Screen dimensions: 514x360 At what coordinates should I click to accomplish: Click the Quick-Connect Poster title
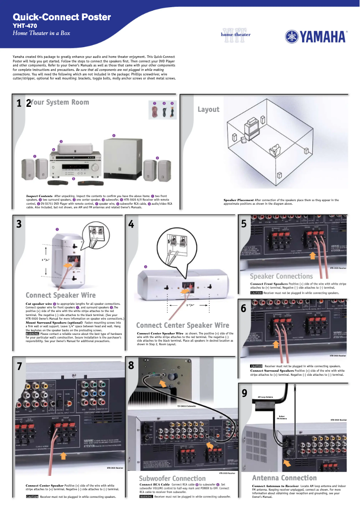(61, 17)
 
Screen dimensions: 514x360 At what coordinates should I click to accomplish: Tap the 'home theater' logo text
(236, 35)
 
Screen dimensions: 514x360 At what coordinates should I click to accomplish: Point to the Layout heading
(208, 109)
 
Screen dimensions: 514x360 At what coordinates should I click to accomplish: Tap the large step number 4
(131, 224)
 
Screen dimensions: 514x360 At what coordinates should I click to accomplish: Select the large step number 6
(244, 308)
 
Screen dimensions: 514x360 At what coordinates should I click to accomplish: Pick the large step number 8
(131, 366)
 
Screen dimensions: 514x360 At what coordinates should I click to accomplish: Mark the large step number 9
(244, 393)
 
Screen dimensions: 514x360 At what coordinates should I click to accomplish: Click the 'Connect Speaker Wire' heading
(61, 295)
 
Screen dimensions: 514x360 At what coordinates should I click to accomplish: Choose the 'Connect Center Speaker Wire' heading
(182, 325)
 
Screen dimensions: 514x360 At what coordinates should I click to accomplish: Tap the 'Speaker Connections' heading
(281, 276)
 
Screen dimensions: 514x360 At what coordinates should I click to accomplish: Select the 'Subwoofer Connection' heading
(172, 479)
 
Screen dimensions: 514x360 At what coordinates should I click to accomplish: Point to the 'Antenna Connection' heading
(284, 478)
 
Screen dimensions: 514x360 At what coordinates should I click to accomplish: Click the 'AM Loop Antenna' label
(265, 397)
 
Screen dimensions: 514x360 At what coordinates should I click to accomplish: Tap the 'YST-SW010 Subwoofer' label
(187, 406)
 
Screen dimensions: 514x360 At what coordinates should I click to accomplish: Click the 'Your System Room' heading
(60, 102)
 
